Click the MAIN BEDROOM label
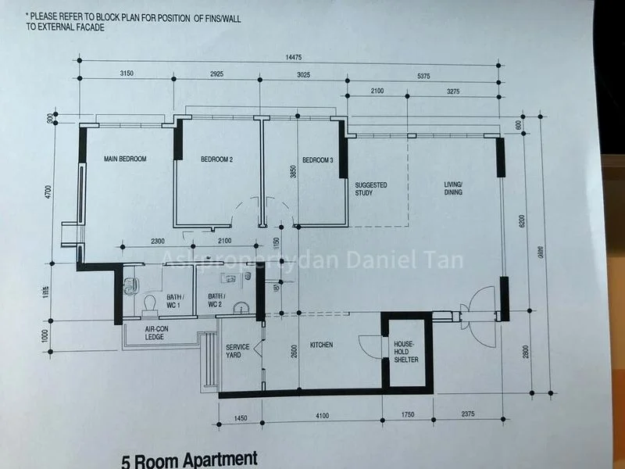125,159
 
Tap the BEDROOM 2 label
216,159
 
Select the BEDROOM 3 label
317,159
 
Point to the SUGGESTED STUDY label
371,189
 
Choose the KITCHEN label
322,344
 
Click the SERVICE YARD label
237,351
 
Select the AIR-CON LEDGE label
158,334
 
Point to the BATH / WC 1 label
175,300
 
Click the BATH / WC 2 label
216,300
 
